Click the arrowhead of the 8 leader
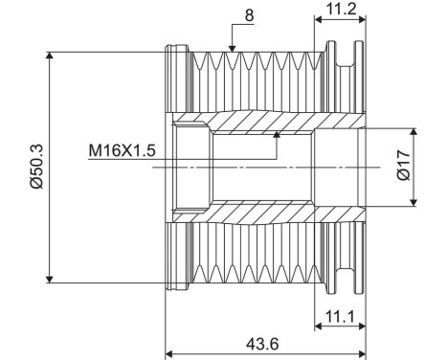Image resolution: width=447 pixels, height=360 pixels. [231, 48]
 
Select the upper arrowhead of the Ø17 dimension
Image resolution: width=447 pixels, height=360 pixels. [413, 127]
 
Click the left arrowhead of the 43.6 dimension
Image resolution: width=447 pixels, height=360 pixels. [170, 349]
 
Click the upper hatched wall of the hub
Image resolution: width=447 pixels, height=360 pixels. [258, 124]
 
